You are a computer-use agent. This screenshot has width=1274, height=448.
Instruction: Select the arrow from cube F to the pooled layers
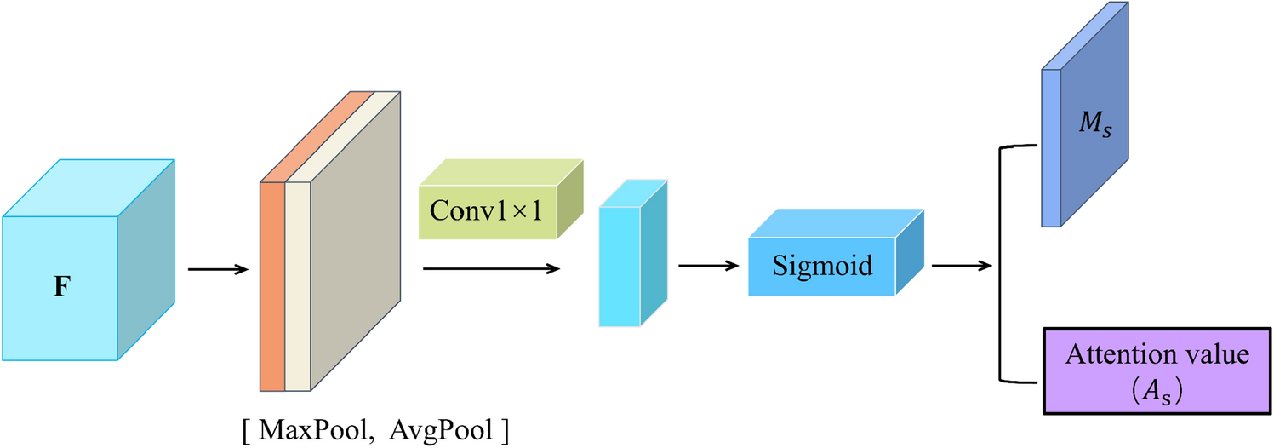click(x=217, y=270)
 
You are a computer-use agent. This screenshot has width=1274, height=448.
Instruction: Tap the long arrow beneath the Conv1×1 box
click(x=490, y=268)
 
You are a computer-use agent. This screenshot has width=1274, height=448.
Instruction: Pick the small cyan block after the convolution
click(x=619, y=265)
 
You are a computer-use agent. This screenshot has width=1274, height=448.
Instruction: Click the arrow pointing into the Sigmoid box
click(x=707, y=265)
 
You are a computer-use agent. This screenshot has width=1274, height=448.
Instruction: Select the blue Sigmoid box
click(x=822, y=266)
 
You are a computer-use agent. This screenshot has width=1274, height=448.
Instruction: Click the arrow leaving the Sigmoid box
click(x=962, y=266)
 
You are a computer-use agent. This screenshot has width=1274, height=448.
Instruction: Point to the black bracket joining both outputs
click(x=998, y=265)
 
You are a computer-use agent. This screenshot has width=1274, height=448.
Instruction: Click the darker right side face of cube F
click(x=146, y=260)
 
